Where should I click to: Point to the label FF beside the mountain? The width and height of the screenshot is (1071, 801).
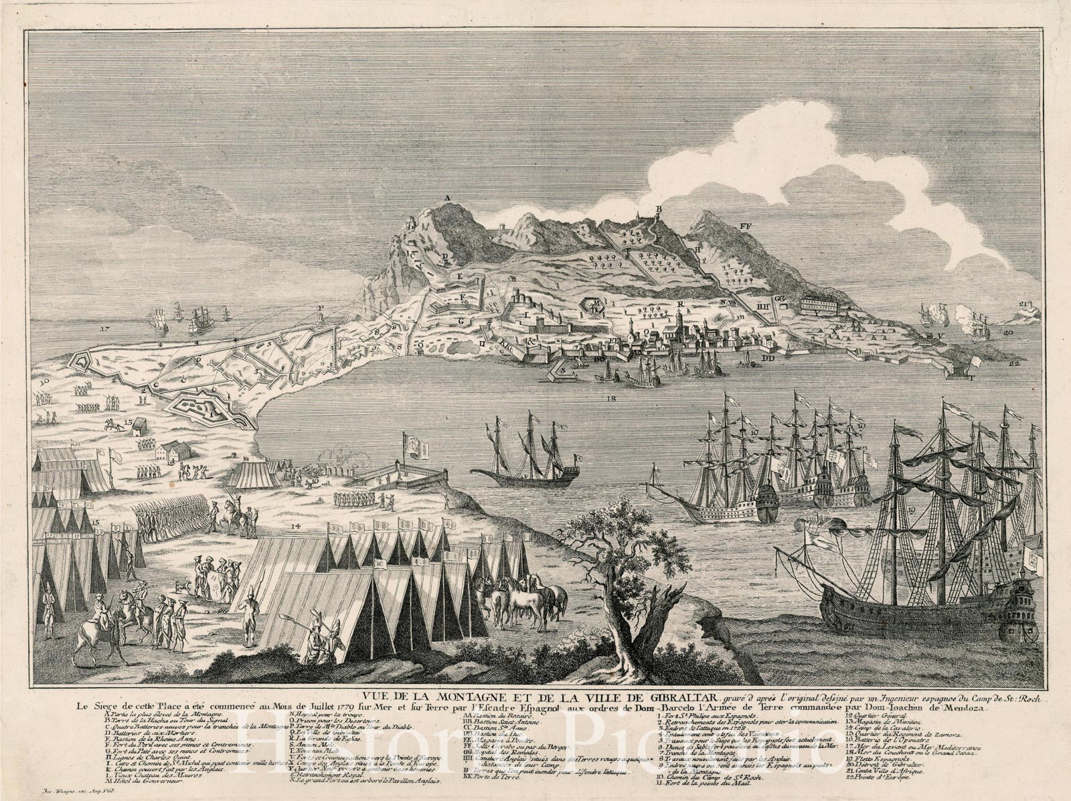click(746, 227)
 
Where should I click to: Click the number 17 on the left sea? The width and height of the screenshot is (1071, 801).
click(104, 329)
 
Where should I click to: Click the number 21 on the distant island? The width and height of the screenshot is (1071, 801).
click(1023, 303)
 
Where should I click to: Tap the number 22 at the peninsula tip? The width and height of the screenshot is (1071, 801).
click(1015, 363)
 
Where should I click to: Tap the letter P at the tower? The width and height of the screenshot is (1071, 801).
click(321, 308)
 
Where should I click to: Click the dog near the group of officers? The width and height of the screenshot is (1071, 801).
click(179, 587)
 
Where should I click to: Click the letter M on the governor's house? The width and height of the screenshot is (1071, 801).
click(596, 302)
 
